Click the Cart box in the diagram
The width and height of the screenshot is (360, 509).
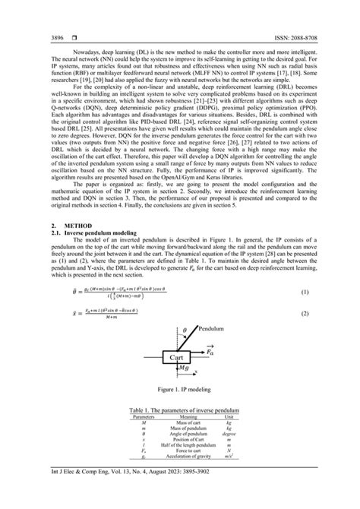point(176,356)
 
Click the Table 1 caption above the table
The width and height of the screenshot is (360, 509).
point(180,411)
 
